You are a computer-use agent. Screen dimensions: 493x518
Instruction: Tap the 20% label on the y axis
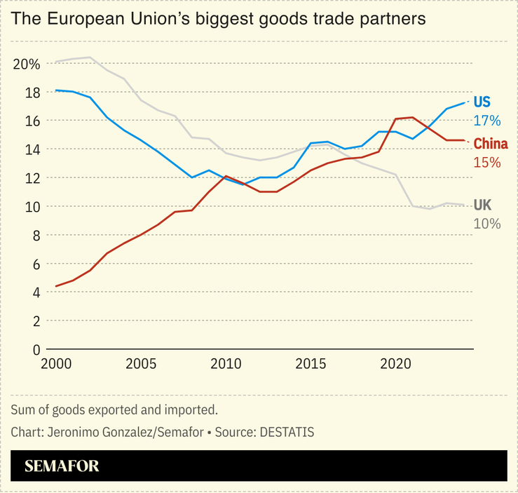(26, 64)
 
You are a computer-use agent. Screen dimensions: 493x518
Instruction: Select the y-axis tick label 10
(31, 207)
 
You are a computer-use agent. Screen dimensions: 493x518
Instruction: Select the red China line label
(491, 144)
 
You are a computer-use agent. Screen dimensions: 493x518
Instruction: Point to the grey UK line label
(482, 205)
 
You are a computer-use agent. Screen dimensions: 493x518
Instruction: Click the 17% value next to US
(487, 121)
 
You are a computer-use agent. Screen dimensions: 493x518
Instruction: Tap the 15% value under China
(487, 163)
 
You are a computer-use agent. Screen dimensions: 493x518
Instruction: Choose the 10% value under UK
(487, 224)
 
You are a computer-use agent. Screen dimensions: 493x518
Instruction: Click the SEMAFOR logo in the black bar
(62, 466)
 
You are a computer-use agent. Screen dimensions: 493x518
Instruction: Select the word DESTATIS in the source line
(287, 432)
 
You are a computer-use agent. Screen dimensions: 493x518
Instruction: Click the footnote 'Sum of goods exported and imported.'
(115, 410)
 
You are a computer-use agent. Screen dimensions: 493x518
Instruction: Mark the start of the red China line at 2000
(56, 286)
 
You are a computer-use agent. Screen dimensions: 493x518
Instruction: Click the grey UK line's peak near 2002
(90, 58)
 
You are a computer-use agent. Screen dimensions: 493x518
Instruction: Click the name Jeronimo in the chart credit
(74, 432)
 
